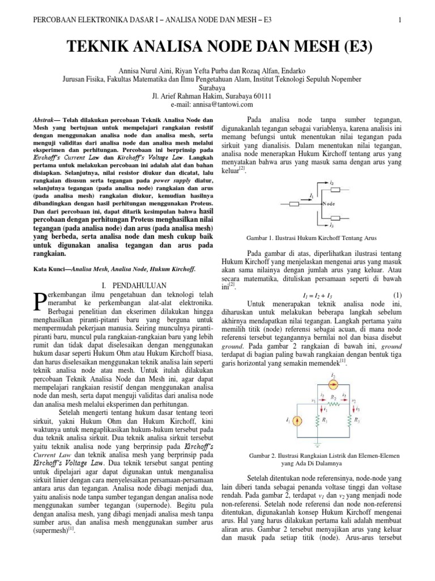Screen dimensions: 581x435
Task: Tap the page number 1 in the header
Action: (400, 21)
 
